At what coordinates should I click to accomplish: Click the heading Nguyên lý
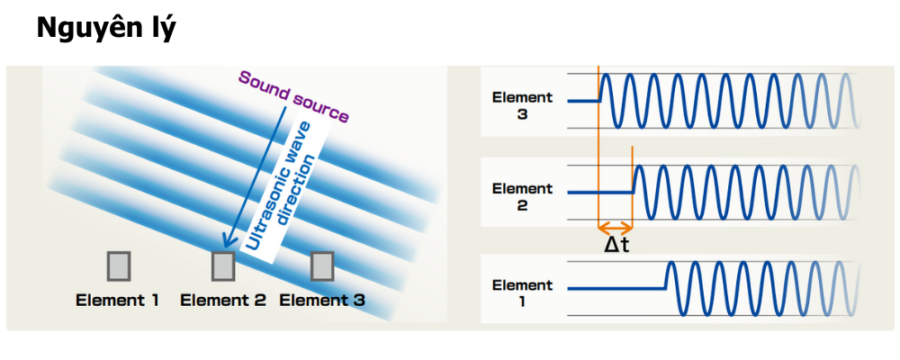tap(105, 29)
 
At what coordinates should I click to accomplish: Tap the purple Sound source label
tap(293, 96)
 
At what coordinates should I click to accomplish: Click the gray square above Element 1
tap(119, 265)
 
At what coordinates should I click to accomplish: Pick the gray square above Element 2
tap(222, 265)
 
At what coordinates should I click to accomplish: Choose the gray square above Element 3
tap(322, 265)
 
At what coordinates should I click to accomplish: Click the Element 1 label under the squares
tap(117, 300)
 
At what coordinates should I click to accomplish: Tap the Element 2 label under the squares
tap(223, 300)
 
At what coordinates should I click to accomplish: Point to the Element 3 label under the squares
tap(322, 300)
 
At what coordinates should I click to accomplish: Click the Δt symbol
tap(617, 246)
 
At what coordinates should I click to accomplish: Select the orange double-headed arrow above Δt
tap(616, 229)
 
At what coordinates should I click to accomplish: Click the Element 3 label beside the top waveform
tap(522, 105)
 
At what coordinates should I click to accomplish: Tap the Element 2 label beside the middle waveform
tap(522, 196)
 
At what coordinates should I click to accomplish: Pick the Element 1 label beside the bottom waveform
tap(522, 292)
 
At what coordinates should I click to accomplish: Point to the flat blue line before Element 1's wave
tap(616, 288)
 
